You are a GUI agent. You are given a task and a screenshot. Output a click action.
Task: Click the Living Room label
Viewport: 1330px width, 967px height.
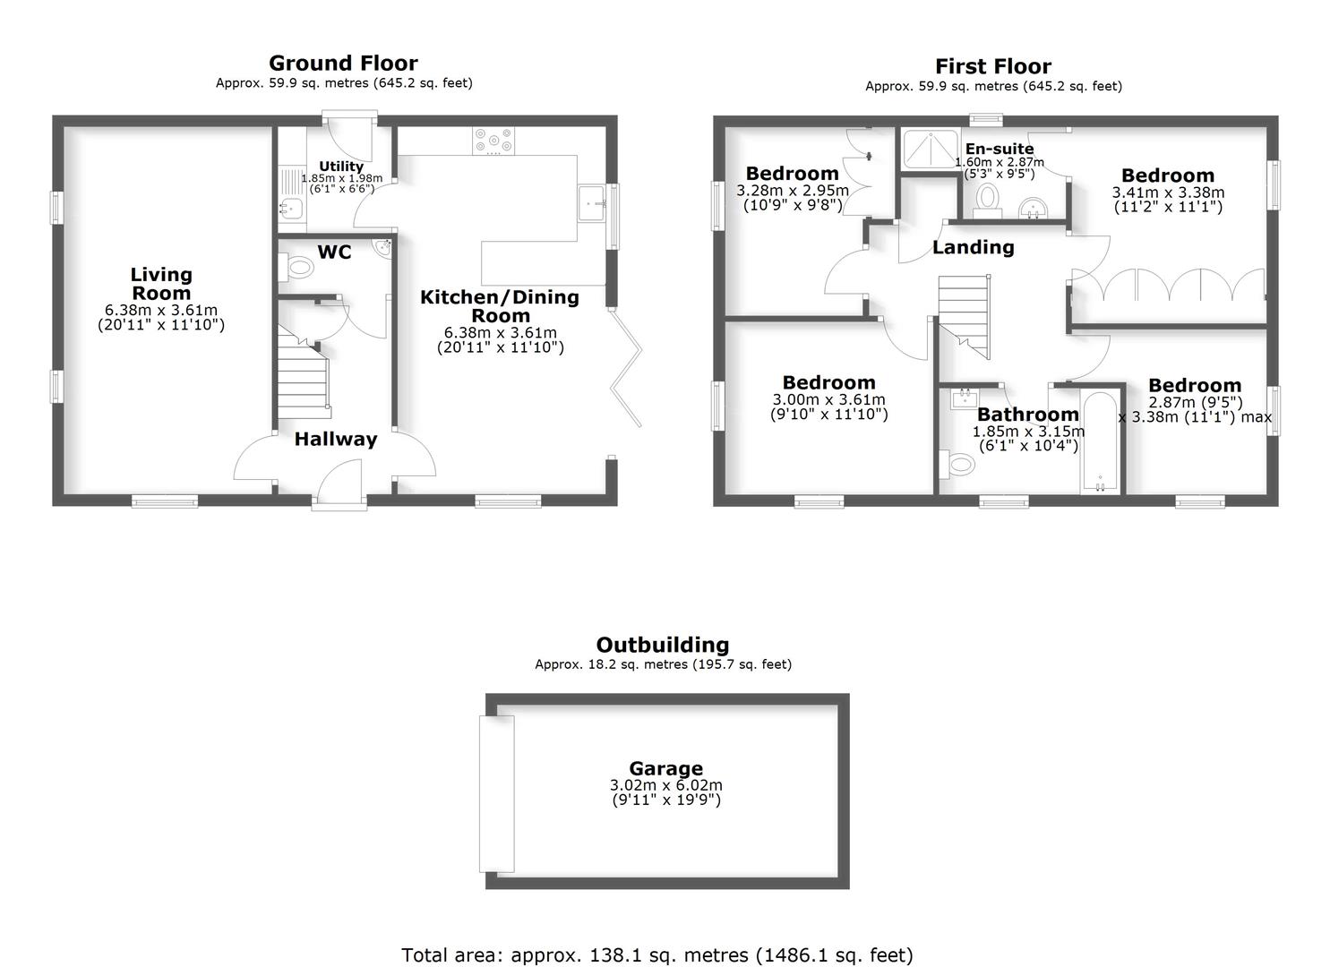161,284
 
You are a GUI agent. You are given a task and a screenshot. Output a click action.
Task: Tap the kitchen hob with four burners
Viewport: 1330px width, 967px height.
493,140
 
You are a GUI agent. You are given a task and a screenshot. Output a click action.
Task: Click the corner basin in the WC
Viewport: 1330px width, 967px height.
385,246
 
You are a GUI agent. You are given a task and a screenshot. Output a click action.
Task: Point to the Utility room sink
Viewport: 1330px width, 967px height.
291,210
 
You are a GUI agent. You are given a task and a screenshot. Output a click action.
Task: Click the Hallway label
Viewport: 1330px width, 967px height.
336,439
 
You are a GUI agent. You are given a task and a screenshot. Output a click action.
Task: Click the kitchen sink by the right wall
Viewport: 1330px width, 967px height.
592,203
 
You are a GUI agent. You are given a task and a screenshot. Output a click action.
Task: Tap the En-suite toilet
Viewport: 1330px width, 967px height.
988,199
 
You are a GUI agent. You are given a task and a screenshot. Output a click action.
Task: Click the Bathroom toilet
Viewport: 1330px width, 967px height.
957,464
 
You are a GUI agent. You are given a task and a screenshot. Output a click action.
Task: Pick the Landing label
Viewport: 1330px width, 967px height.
973,247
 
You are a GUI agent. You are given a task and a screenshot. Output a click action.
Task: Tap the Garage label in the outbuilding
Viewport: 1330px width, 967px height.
665,768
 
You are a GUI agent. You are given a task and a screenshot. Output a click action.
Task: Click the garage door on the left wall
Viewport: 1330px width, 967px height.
497,793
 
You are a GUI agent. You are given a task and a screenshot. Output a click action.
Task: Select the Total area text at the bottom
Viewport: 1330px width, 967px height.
656,954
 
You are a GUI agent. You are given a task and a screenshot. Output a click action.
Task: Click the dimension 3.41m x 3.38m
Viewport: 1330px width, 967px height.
1168,193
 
